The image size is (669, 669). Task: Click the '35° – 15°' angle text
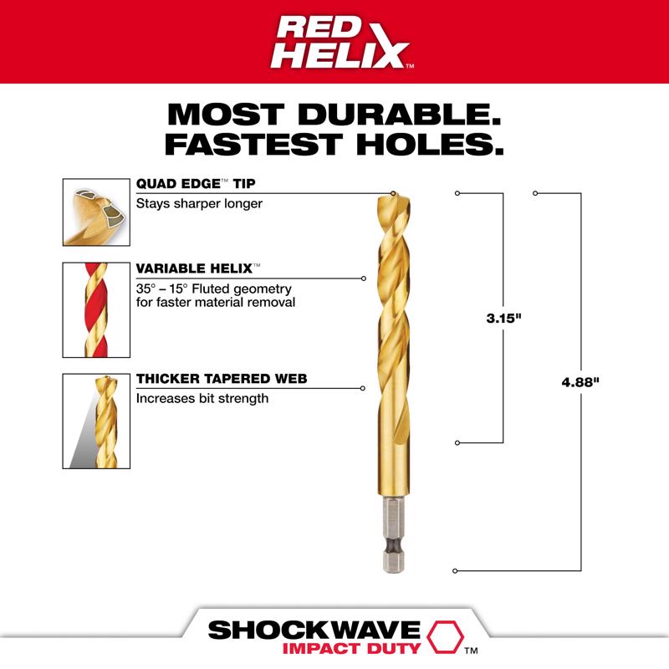click(167, 287)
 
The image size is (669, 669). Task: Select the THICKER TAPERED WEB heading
click(222, 379)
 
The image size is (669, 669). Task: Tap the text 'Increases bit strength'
click(202, 399)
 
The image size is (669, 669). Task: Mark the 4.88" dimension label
click(580, 381)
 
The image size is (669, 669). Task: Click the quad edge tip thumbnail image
click(96, 212)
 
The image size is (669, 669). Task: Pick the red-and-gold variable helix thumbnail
click(96, 310)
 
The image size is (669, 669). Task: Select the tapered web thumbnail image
click(96, 421)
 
